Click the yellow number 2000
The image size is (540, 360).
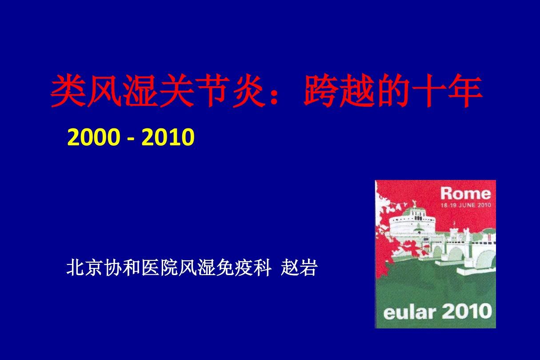coord(94,137)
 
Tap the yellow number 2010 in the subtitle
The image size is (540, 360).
coord(168,137)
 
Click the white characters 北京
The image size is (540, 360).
coord(84,268)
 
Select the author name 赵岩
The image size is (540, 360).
coord(299,268)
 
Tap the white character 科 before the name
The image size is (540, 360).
coord(263,268)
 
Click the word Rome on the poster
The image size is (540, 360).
coord(465,193)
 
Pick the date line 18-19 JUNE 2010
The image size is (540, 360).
coord(466,205)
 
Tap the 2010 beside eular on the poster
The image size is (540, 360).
coord(467,311)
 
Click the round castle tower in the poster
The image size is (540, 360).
coord(414,223)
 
